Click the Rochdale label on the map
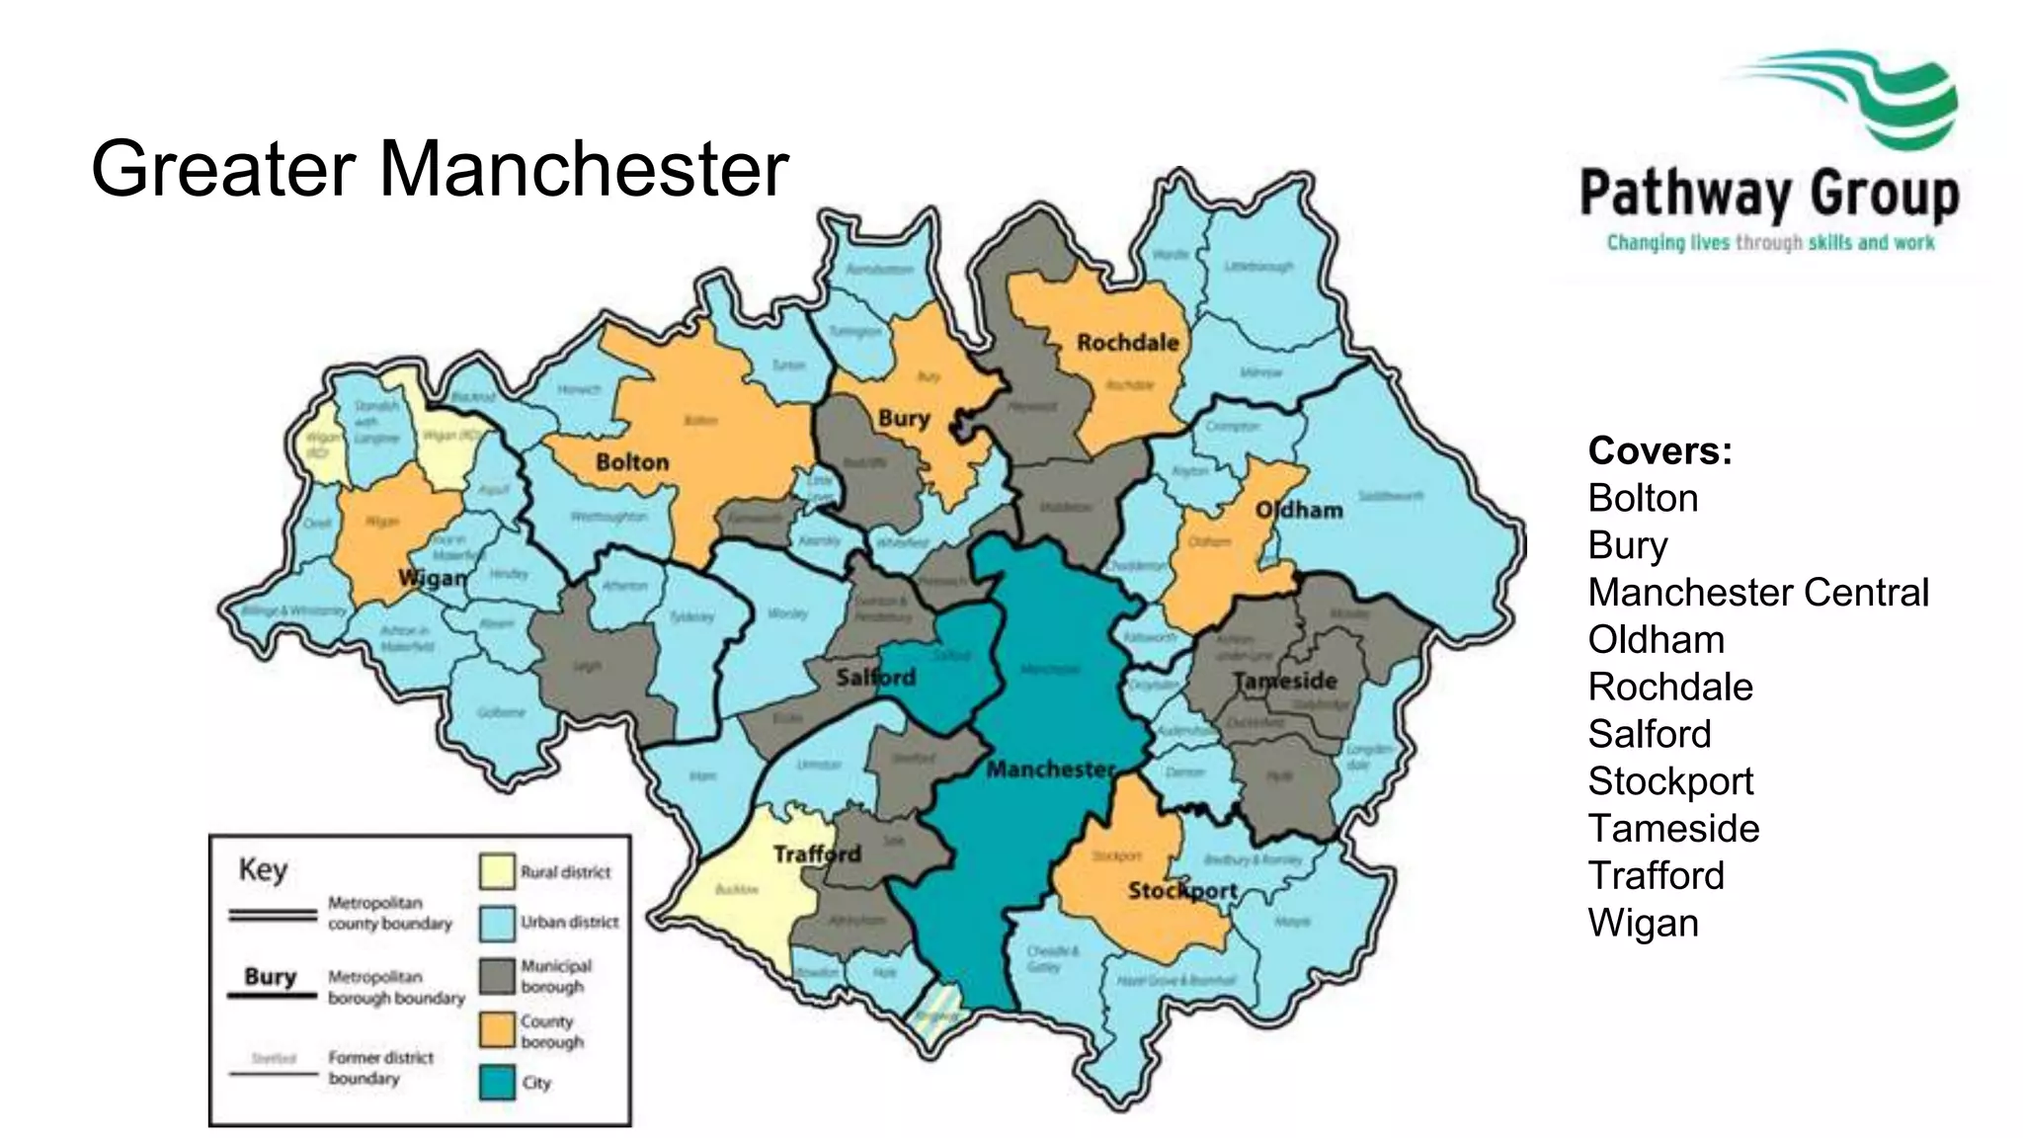pyautogui.click(x=1127, y=343)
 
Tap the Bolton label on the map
pyautogui.click(x=632, y=462)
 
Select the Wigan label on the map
pyautogui.click(x=433, y=578)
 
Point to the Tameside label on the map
pyautogui.click(x=1284, y=681)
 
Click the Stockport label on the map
pyautogui.click(x=1182, y=891)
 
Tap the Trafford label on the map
pyautogui.click(x=817, y=853)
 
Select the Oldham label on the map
pyautogui.click(x=1299, y=511)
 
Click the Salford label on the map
pyautogui.click(x=875, y=678)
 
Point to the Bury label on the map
pyautogui.click(x=904, y=419)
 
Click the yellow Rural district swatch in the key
pyautogui.click(x=497, y=871)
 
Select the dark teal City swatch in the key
pyautogui.click(x=497, y=1082)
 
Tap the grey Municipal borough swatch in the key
pyautogui.click(x=497, y=976)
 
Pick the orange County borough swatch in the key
pyautogui.click(x=497, y=1030)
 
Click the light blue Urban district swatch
pyautogui.click(x=497, y=923)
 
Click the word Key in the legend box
pyautogui.click(x=263, y=870)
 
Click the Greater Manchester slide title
pyautogui.click(x=440, y=169)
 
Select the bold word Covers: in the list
pyautogui.click(x=1659, y=451)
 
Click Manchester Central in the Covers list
pyautogui.click(x=1757, y=593)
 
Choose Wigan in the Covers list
pyautogui.click(x=1643, y=923)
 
